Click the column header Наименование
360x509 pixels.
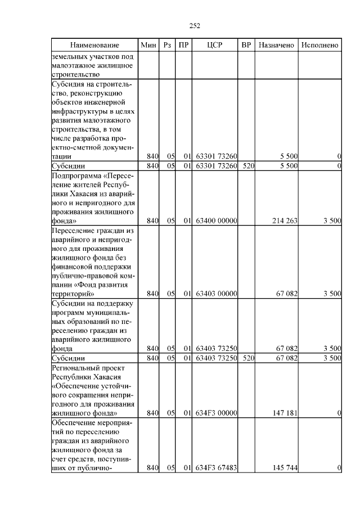(x=94, y=44)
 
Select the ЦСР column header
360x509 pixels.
(x=216, y=44)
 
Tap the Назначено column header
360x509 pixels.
(x=276, y=44)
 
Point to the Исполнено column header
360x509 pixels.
(x=320, y=44)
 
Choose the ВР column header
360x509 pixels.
(x=246, y=44)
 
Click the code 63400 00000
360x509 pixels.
(x=216, y=221)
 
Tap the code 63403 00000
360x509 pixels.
(x=216, y=294)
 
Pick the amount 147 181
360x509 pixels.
(x=284, y=413)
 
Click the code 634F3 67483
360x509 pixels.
(x=216, y=468)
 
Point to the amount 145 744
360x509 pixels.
(x=284, y=468)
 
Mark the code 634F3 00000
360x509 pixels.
(x=216, y=413)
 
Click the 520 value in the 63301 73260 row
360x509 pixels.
(x=246, y=166)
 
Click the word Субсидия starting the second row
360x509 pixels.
(x=69, y=84)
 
